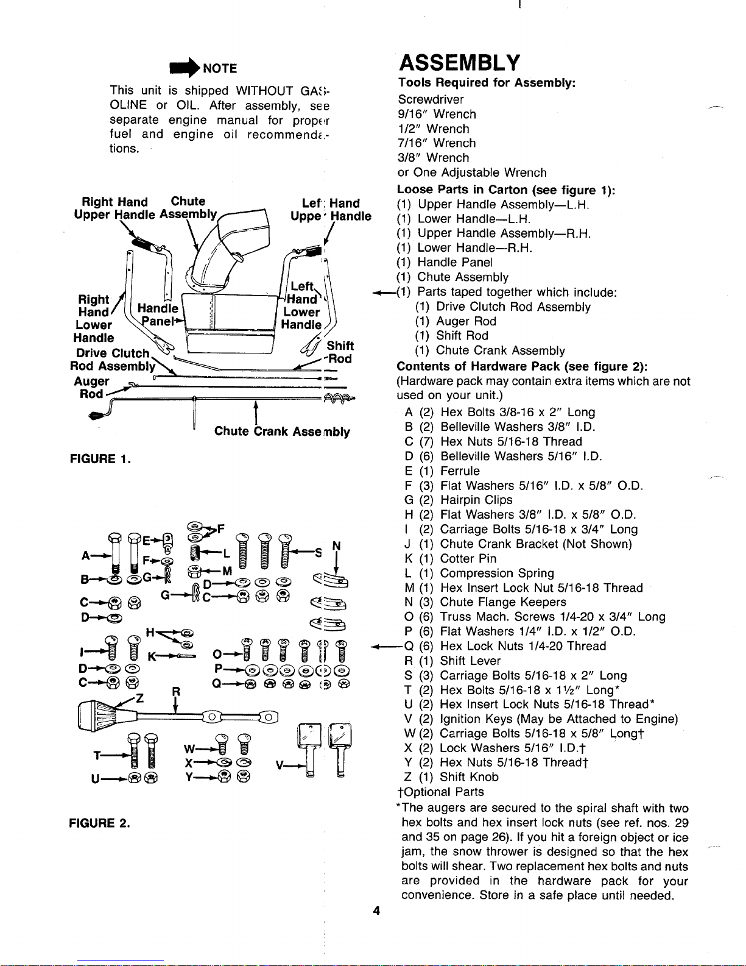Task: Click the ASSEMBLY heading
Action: pyautogui.click(x=459, y=63)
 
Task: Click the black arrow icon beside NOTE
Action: pyautogui.click(x=185, y=68)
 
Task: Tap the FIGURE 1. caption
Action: pyautogui.click(x=100, y=459)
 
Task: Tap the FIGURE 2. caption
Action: pyautogui.click(x=99, y=823)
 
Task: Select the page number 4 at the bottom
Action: pyautogui.click(x=376, y=911)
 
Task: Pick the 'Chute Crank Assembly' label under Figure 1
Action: pyautogui.click(x=282, y=432)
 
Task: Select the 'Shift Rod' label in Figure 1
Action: pyautogui.click(x=340, y=352)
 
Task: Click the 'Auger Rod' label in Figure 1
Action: pyautogui.click(x=91, y=388)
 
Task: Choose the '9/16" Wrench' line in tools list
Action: pyautogui.click(x=437, y=114)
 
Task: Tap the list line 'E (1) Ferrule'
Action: pyautogui.click(x=442, y=471)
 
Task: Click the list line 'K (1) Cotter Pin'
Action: pyautogui.click(x=450, y=558)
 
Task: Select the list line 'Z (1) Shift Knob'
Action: pyautogui.click(x=451, y=776)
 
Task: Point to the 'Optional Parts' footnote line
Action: pyautogui.click(x=440, y=792)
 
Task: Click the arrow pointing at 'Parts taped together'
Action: pyautogui.click(x=384, y=293)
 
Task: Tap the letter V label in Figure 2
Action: pyautogui.click(x=280, y=765)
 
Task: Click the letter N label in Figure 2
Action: pyautogui.click(x=337, y=546)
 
